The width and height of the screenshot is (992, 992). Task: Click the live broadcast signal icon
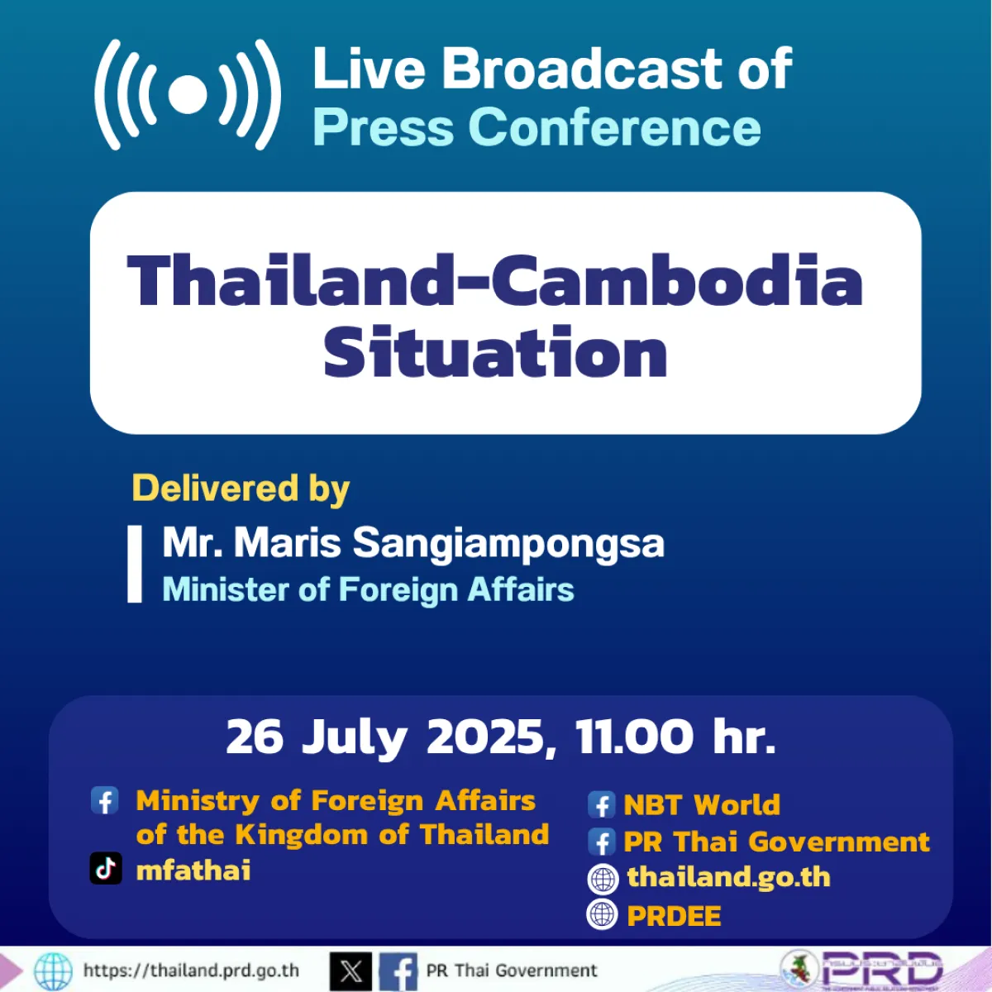tap(188, 95)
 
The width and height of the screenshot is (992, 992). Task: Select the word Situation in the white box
tap(495, 353)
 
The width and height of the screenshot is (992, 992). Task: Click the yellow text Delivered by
tap(241, 489)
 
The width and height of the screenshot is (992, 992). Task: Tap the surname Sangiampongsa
tap(508, 543)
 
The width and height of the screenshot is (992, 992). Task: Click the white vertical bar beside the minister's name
tap(135, 564)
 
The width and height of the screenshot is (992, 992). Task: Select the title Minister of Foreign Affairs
tap(368, 590)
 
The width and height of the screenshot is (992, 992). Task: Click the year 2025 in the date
tap(484, 736)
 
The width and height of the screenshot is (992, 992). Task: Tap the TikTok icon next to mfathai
tap(106, 869)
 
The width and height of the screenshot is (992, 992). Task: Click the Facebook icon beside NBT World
tap(601, 804)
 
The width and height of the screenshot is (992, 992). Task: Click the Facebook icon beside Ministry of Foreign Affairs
tap(105, 800)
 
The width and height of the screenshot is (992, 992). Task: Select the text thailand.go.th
tap(728, 877)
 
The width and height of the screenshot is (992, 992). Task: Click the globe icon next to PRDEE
tap(602, 914)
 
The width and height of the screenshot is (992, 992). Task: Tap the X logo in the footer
tap(351, 971)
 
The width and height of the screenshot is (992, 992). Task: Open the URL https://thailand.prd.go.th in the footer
tap(191, 971)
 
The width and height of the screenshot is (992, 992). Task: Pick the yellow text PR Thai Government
tap(776, 842)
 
